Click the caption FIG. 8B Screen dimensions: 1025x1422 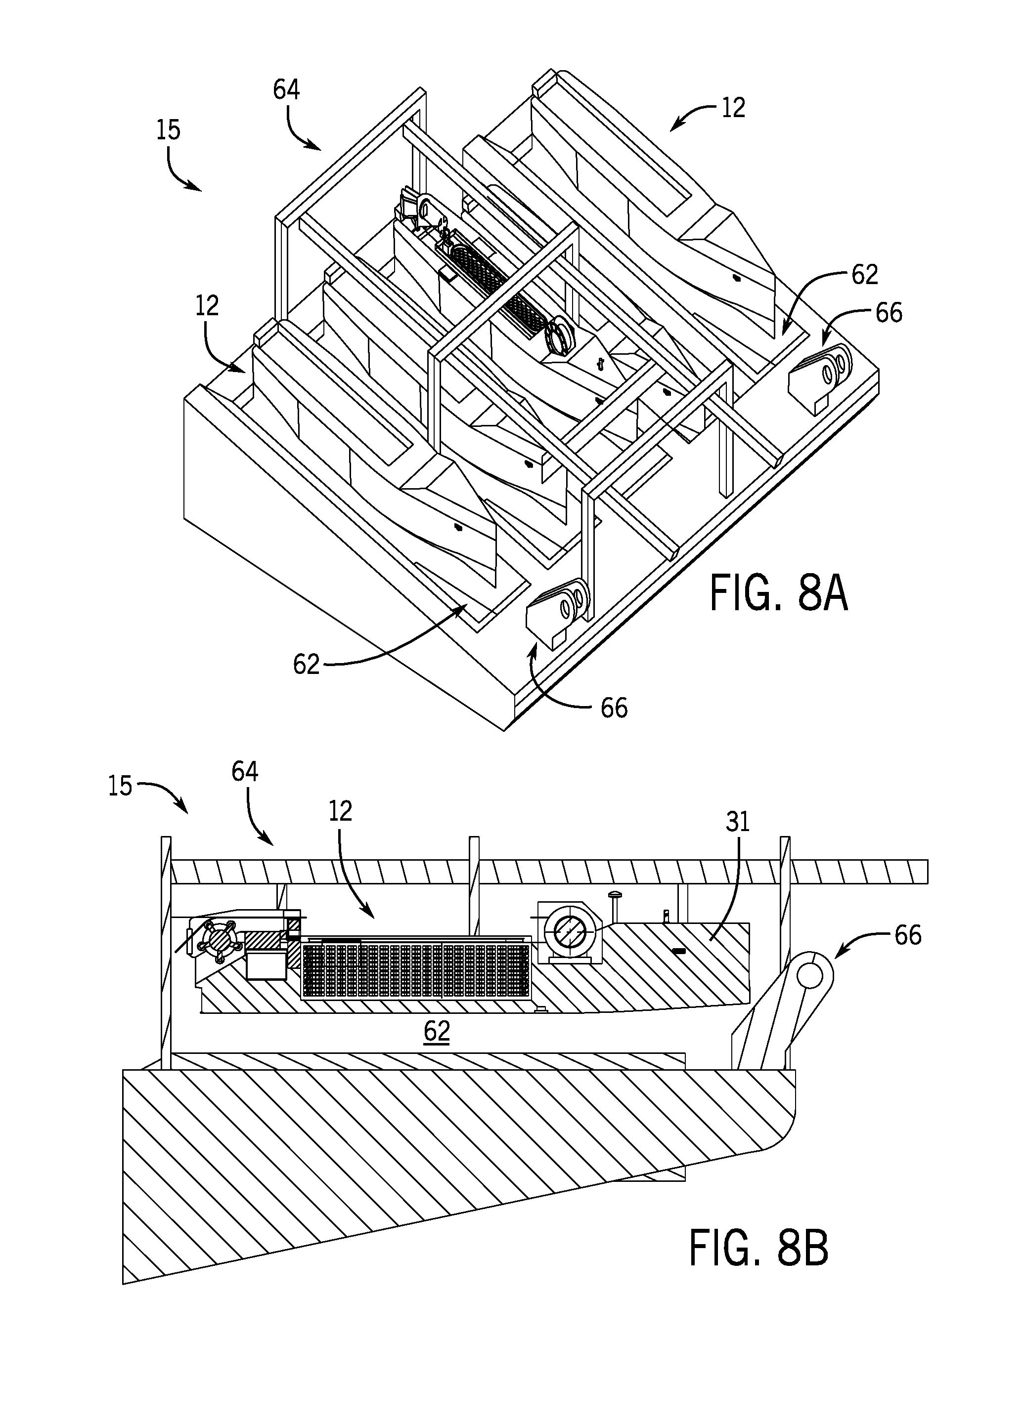[x=759, y=1248]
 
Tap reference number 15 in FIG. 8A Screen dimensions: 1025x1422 [x=169, y=130]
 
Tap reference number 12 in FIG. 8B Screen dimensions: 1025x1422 [x=340, y=811]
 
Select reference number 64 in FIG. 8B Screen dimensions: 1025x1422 [x=245, y=771]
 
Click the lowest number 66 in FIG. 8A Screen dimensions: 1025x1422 [x=614, y=708]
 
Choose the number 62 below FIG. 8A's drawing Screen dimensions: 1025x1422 [x=307, y=664]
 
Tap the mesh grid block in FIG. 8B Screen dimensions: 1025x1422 [x=416, y=970]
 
